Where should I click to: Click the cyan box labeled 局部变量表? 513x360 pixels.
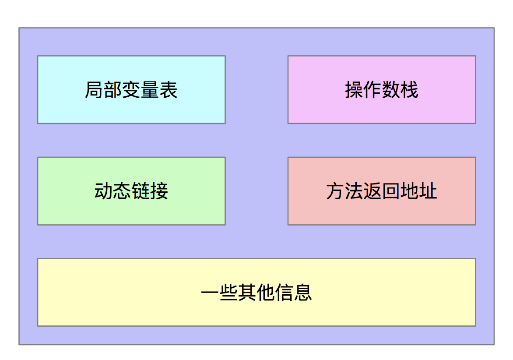click(x=131, y=90)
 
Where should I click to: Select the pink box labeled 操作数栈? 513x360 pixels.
click(x=382, y=90)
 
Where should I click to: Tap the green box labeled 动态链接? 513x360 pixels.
click(x=131, y=191)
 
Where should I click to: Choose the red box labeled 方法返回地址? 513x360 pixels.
click(x=382, y=191)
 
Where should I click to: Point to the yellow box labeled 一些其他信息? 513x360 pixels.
click(x=256, y=292)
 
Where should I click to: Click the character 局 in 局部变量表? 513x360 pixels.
click(x=94, y=90)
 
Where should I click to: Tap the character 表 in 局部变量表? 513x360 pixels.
click(x=169, y=90)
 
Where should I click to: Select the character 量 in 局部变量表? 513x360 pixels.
click(x=150, y=90)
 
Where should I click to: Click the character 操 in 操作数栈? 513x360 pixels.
click(x=354, y=90)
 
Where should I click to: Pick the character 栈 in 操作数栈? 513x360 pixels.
click(x=409, y=90)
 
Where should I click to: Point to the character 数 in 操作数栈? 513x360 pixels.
click(x=391, y=90)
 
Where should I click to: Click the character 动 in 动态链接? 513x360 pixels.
click(x=104, y=191)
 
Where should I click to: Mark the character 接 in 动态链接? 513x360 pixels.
click(x=159, y=191)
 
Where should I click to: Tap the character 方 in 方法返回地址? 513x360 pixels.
click(x=336, y=191)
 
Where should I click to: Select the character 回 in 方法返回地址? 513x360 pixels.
click(x=391, y=191)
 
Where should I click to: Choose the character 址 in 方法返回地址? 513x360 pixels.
click(x=428, y=191)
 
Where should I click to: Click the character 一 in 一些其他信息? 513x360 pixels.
click(x=210, y=292)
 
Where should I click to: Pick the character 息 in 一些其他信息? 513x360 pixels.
click(x=302, y=292)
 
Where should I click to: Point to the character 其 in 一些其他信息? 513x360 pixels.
click(x=247, y=292)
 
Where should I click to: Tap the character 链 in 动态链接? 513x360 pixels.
click(x=141, y=191)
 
